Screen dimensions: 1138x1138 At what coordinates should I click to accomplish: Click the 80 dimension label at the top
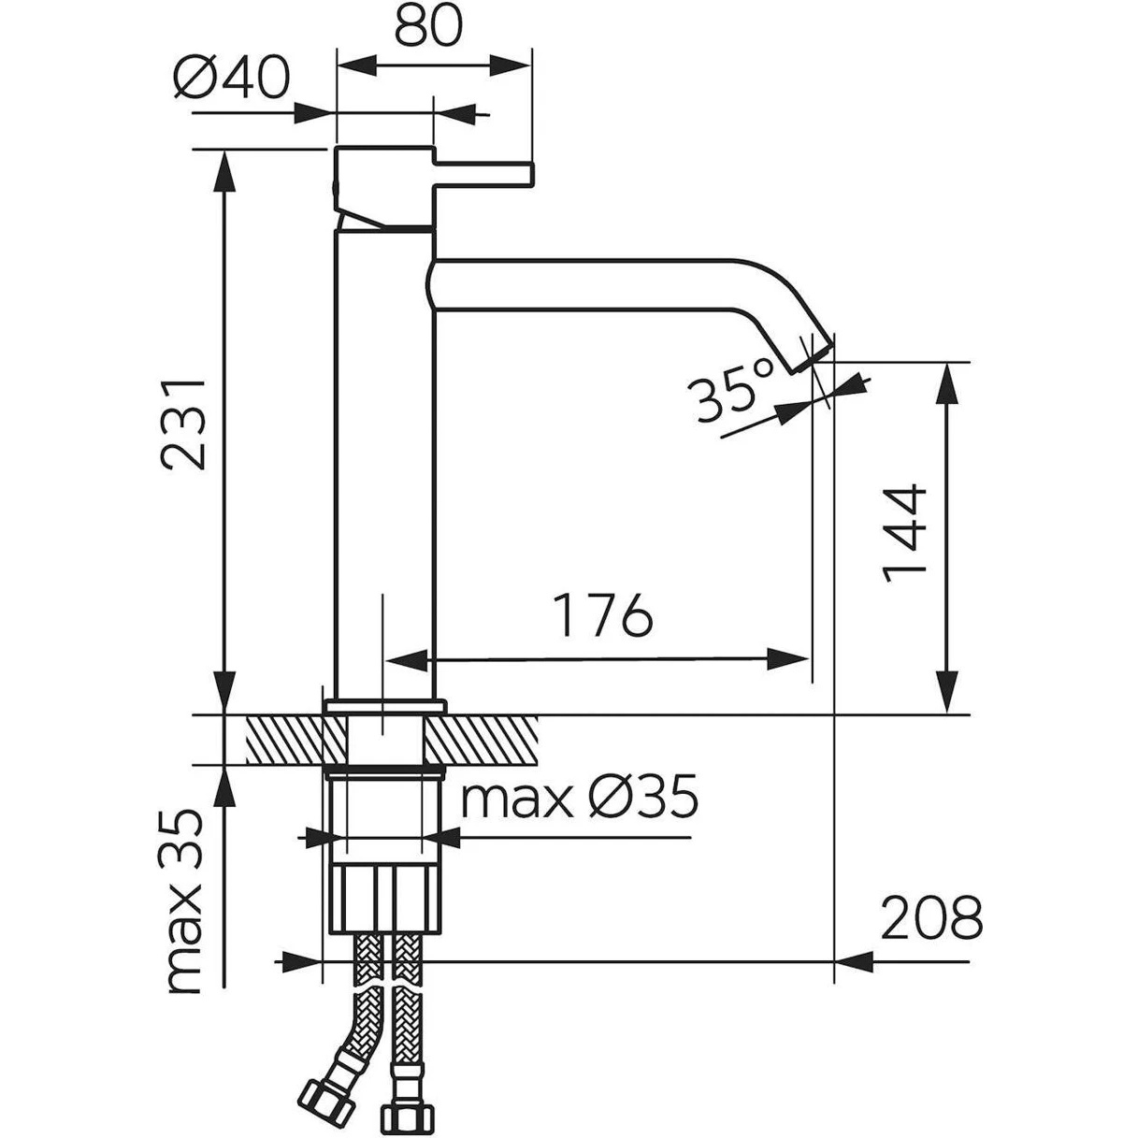(x=428, y=28)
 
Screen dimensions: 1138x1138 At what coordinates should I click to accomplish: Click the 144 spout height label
(x=905, y=532)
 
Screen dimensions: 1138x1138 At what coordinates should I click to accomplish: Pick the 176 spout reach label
(x=600, y=615)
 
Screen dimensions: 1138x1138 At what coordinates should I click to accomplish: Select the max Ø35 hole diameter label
(x=581, y=799)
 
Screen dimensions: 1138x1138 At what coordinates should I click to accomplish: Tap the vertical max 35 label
(x=184, y=901)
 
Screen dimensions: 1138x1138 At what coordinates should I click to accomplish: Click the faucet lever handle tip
(x=526, y=174)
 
